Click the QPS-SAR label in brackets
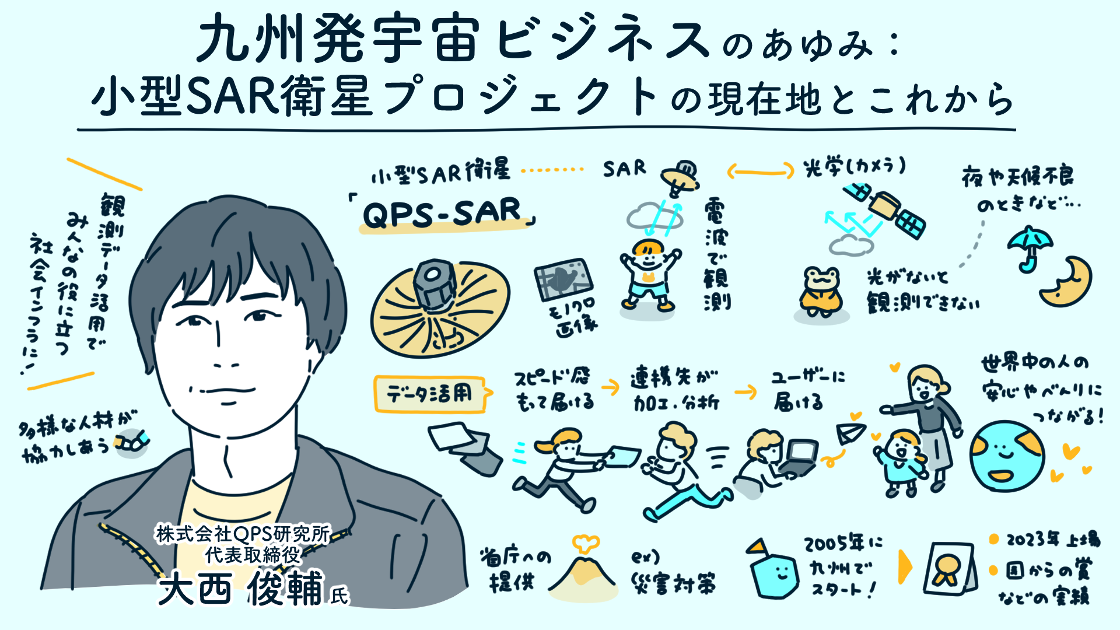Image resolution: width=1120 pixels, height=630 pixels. tap(442, 213)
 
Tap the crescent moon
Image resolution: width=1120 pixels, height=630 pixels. tap(1066, 282)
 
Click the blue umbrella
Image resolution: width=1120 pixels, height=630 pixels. tap(1030, 246)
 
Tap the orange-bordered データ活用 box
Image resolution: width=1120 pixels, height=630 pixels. tap(430, 395)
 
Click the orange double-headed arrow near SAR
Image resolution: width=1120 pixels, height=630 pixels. tap(760, 171)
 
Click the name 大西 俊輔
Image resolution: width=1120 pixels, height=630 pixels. tap(240, 589)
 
